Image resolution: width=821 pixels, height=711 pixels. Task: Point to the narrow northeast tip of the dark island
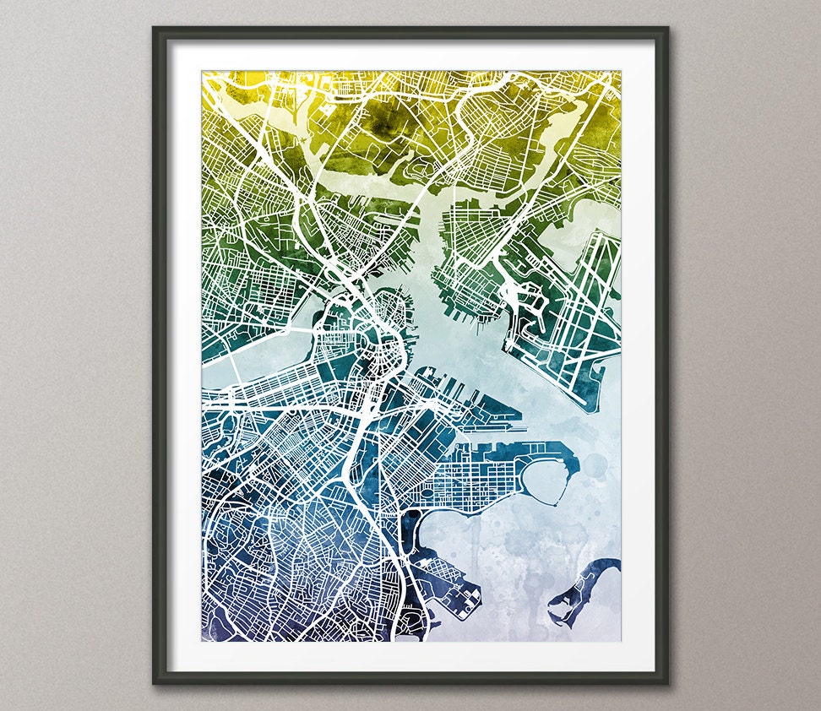[x=617, y=562]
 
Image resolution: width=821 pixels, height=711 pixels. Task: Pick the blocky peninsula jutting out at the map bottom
[x=456, y=591]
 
